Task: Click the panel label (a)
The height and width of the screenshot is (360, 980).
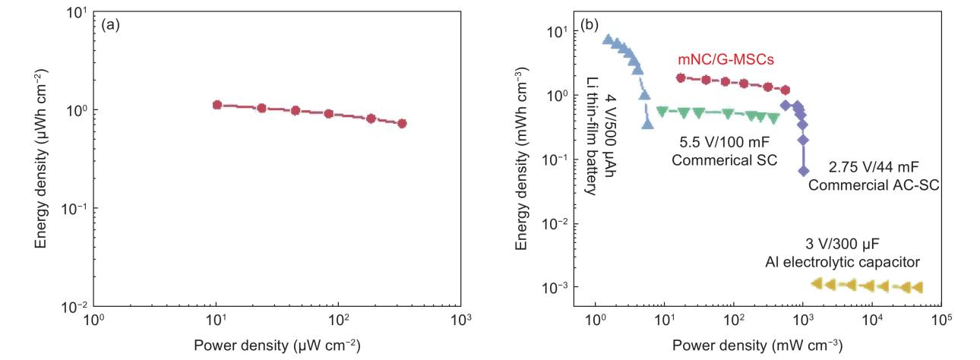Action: coord(108,25)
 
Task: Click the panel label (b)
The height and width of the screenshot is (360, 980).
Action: coord(590,25)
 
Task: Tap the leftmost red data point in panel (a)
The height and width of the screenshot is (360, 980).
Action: coord(217,105)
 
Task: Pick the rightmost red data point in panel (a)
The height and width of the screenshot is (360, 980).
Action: coord(402,123)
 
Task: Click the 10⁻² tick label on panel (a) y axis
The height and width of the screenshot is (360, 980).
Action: coord(75,306)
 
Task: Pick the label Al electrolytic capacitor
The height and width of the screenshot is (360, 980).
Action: coord(842,263)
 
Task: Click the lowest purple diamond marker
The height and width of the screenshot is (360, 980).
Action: coord(803,172)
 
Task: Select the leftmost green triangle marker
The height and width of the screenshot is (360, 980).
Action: coord(662,112)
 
